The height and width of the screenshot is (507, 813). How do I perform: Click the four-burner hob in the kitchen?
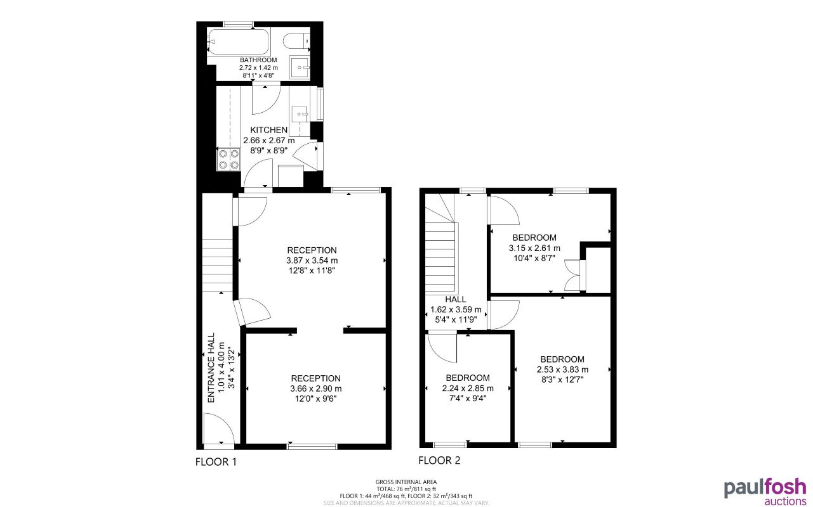pos(228,158)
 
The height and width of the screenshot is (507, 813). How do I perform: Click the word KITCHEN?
pos(268,130)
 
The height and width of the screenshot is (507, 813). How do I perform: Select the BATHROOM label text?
pos(258,60)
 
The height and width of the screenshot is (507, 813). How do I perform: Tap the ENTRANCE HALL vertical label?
pos(211,368)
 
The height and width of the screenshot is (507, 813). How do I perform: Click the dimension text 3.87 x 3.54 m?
pos(312,260)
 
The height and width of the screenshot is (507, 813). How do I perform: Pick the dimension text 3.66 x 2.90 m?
pos(315,388)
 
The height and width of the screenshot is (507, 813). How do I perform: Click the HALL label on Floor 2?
pos(456,299)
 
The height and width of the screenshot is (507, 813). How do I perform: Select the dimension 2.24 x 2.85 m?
pos(467,388)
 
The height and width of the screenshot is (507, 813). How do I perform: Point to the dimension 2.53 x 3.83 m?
pos(562,369)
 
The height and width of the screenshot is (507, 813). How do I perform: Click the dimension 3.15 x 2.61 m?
pos(534,248)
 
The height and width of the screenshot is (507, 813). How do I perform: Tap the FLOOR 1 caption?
pos(216,462)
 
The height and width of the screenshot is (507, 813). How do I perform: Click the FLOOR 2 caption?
pos(439,461)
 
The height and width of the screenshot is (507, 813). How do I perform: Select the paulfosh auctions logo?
pos(765,491)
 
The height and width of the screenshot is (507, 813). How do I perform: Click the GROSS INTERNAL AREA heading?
pos(406,482)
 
